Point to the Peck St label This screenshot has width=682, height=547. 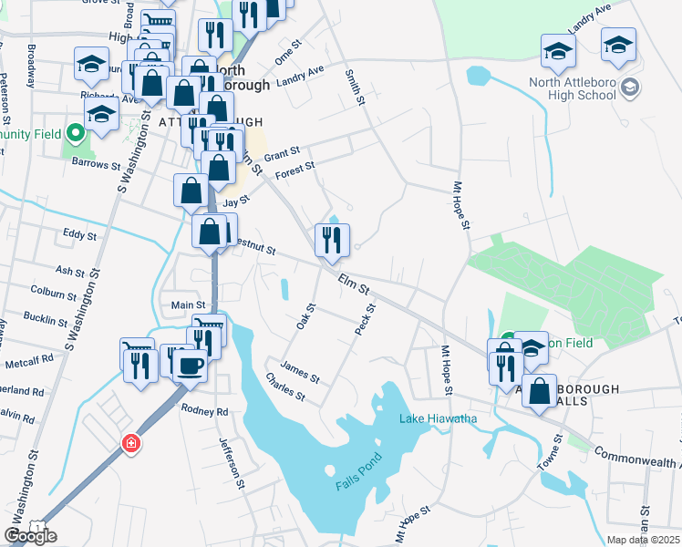365,319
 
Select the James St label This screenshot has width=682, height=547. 300,373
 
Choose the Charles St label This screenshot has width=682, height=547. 284,386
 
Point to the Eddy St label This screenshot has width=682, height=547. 79,235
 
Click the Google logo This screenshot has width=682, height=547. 30,536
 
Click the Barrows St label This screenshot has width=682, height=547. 97,166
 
